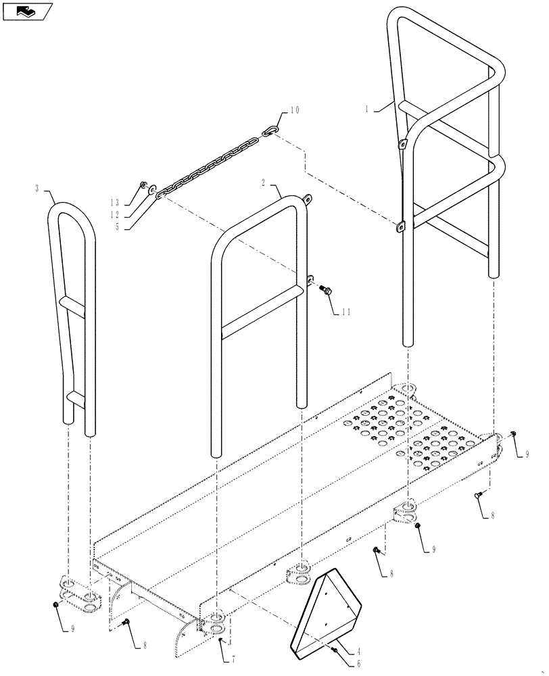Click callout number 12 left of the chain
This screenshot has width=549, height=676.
[116, 215]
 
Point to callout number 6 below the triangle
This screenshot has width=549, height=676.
[359, 664]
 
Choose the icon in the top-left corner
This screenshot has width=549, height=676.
[26, 11]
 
